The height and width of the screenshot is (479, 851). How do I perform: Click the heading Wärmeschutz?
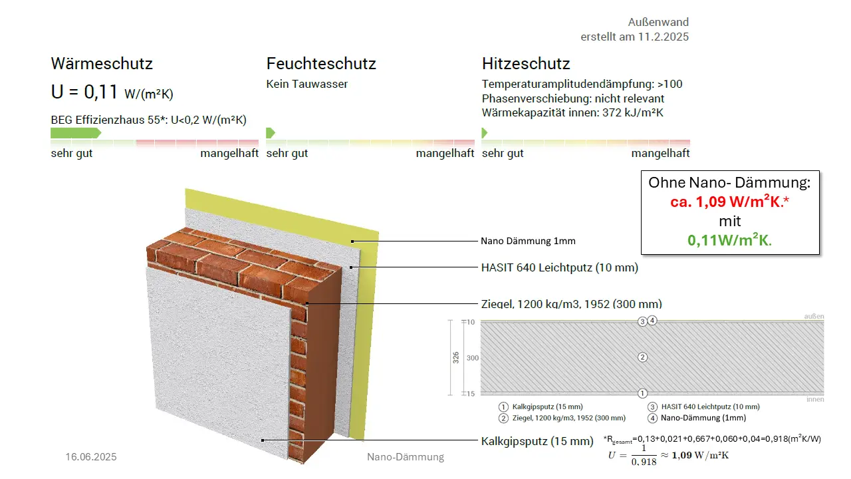pos(102,63)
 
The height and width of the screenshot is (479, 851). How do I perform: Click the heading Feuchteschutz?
pos(321,63)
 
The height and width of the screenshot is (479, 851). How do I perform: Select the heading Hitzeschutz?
pos(526,63)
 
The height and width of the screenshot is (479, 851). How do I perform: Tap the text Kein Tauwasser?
pos(307,84)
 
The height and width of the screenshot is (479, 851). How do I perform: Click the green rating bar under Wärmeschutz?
pos(76,133)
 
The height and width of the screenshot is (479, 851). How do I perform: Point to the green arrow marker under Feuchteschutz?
pos(270,133)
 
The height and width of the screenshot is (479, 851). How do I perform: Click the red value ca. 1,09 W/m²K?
pos(729,202)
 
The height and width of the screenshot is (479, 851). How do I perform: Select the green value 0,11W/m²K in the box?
pos(729,240)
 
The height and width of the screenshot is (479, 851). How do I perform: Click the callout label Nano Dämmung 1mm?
pos(528,241)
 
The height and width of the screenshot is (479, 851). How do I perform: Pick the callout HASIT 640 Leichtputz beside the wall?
pos(560,267)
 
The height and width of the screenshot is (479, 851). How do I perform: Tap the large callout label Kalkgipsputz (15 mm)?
pos(537,441)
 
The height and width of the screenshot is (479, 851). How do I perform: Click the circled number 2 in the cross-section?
pos(642,357)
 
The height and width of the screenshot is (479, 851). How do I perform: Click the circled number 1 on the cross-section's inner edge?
pos(642,393)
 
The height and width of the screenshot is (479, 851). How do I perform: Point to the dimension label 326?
pos(456,358)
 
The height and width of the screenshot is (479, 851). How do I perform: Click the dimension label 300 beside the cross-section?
pos(473,358)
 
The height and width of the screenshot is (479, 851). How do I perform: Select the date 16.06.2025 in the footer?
pos(91,456)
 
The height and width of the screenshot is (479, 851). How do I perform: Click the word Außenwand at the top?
pos(658,22)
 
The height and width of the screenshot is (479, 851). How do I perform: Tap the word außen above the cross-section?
pos(814,316)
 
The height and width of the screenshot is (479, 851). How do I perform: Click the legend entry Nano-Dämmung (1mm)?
pos(703,418)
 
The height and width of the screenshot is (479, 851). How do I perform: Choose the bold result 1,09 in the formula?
pos(681,456)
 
